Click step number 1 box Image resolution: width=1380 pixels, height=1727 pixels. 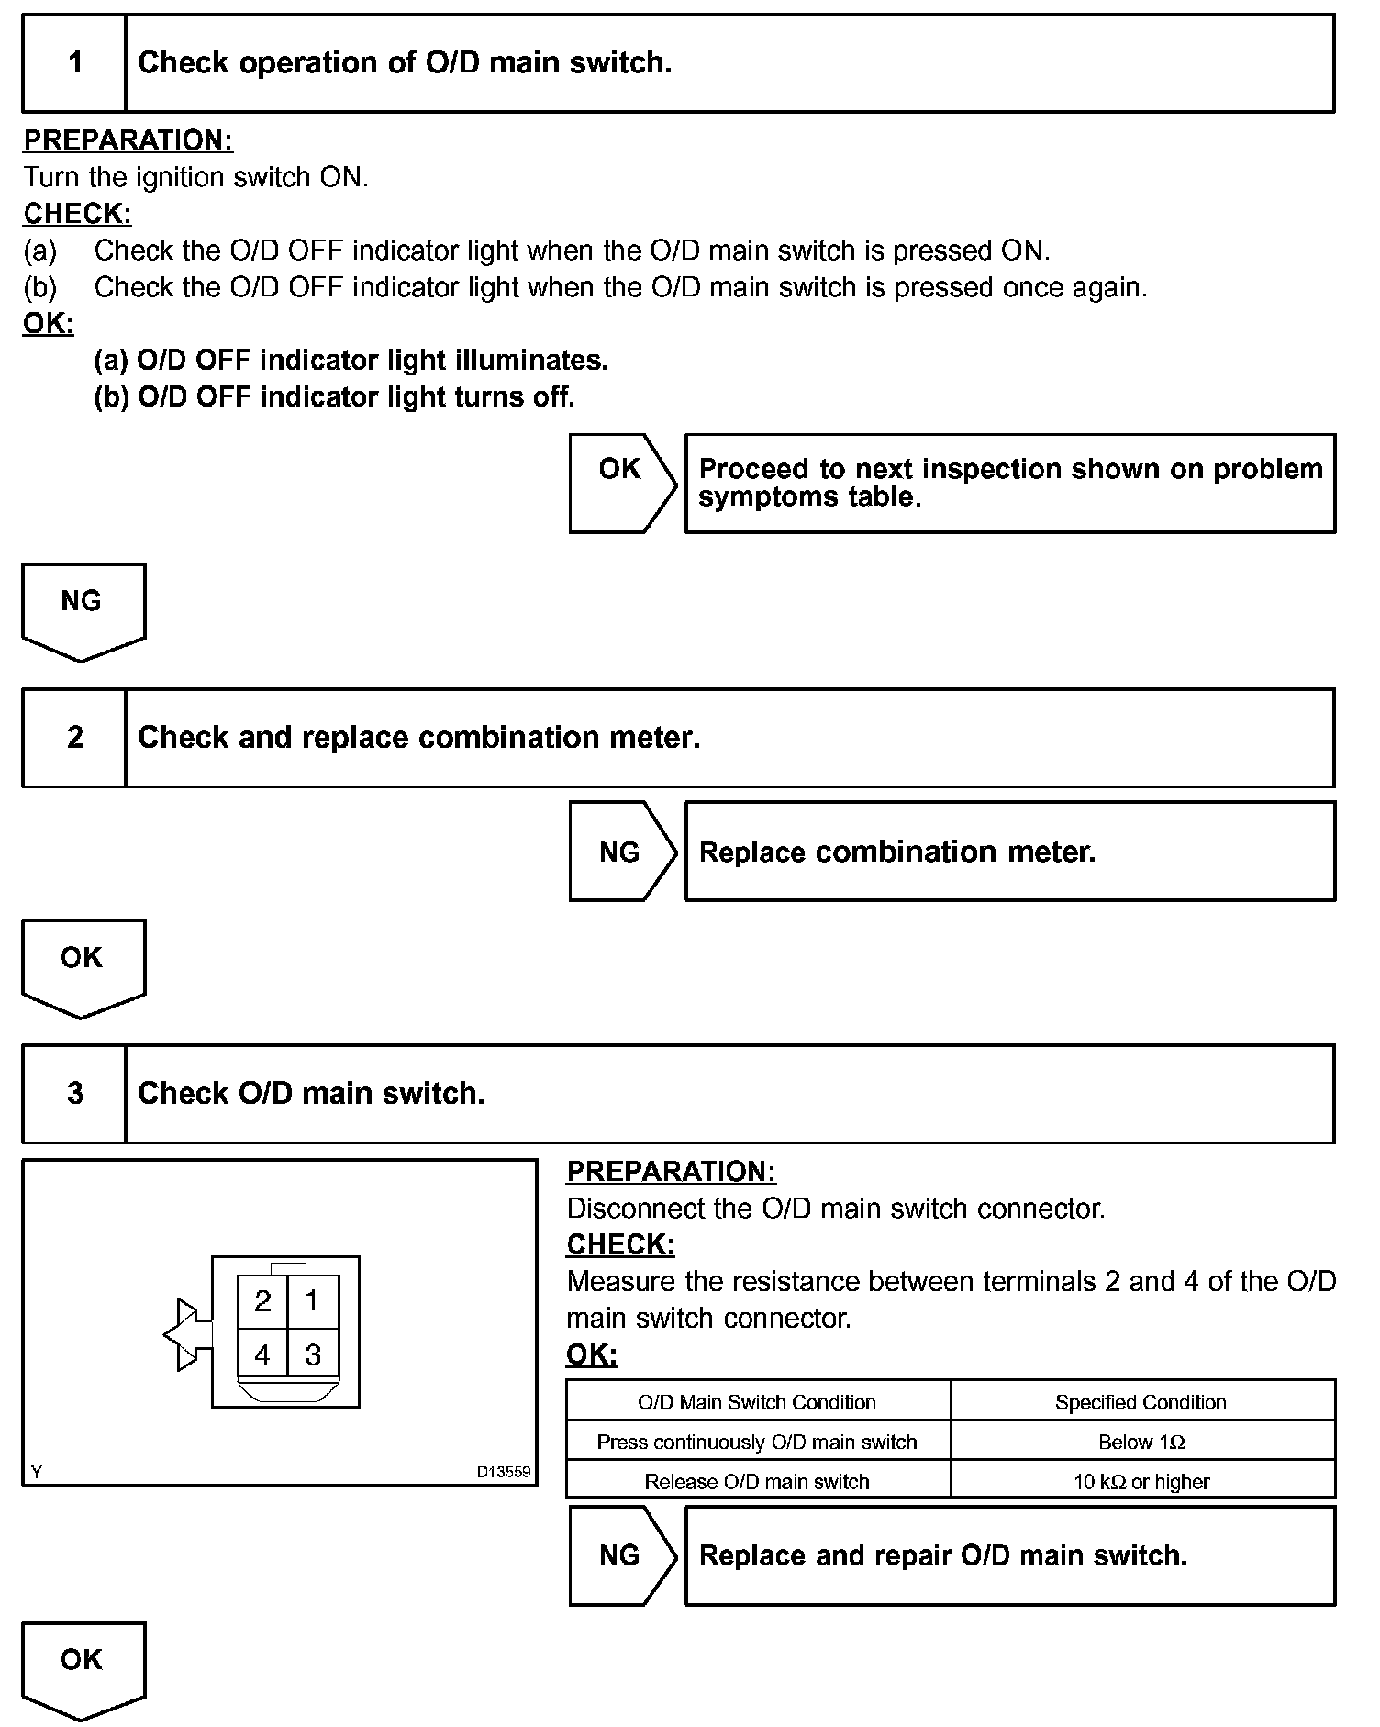pyautogui.click(x=74, y=63)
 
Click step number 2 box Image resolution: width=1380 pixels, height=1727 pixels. pyautogui.click(x=74, y=738)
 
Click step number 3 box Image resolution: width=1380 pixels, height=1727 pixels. pyautogui.click(x=74, y=1093)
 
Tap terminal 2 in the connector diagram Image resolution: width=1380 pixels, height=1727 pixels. pyautogui.click(x=262, y=1301)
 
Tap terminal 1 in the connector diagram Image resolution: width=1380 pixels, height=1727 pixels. pyautogui.click(x=312, y=1301)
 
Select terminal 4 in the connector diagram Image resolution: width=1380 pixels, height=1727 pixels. pyautogui.click(x=262, y=1354)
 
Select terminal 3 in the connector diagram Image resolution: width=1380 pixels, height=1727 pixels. pyautogui.click(x=312, y=1354)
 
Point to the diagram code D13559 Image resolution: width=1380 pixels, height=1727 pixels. pyautogui.click(x=503, y=1472)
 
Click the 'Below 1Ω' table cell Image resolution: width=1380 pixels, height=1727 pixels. pyautogui.click(x=1141, y=1442)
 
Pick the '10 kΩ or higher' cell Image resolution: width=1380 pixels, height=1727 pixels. pyautogui.click(x=1141, y=1481)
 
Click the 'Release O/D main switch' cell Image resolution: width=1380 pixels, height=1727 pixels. pyautogui.click(x=757, y=1481)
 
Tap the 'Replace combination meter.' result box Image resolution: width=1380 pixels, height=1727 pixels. pyautogui.click(x=1009, y=852)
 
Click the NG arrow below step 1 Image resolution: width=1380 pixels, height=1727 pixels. pyautogui.click(x=83, y=609)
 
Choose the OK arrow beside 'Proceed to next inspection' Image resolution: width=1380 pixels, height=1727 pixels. pyautogui.click(x=621, y=483)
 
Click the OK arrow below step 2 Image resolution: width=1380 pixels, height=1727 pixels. pyautogui.click(x=83, y=966)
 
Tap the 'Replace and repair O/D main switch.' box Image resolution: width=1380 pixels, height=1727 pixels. pyautogui.click(x=1009, y=1555)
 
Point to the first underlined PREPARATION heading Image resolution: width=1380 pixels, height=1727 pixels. pyautogui.click(x=128, y=140)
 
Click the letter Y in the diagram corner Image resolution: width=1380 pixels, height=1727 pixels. pyautogui.click(x=37, y=1472)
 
